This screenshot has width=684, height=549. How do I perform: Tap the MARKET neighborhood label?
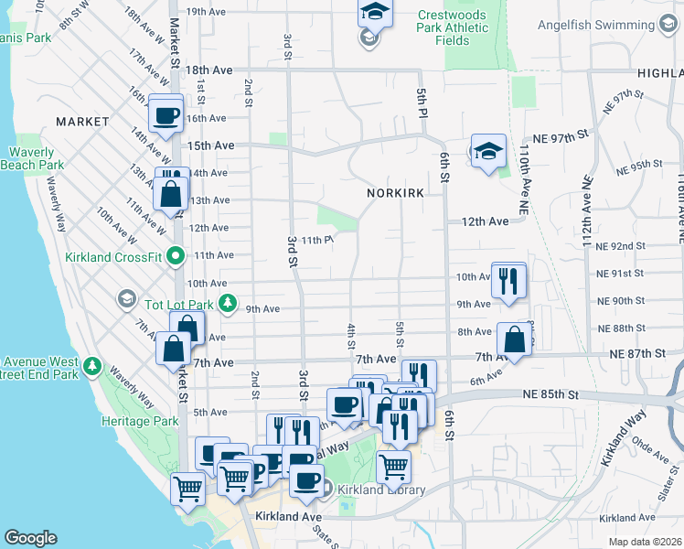coord(82,122)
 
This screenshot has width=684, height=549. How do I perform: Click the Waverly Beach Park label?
coord(37,158)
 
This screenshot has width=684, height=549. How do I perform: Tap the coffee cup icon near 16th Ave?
coord(166,116)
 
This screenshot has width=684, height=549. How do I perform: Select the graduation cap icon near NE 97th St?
coord(488,152)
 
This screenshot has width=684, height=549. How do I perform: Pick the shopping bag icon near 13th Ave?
coord(171,195)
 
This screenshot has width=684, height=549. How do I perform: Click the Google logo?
coord(30,538)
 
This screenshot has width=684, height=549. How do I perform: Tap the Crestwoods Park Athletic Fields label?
coord(453,27)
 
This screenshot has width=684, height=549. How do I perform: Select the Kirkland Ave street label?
coord(289,517)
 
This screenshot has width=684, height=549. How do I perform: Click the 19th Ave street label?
coord(206,12)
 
